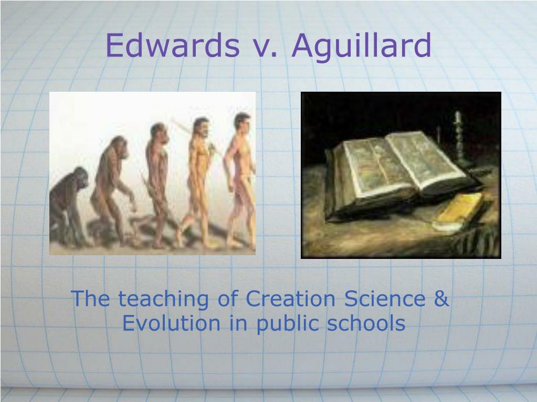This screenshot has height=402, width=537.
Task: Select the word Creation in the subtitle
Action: pos(290,298)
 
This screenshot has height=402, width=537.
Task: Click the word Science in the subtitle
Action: pos(385,298)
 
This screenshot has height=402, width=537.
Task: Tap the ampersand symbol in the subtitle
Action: pos(441,298)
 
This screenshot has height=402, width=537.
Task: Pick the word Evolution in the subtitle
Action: pos(171,323)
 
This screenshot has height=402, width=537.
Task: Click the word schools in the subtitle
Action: pos(366,323)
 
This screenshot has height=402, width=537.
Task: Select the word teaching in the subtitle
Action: pos(163,300)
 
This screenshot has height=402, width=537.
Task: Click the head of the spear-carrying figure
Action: pos(202,127)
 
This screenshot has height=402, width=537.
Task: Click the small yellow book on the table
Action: pos(459,211)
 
